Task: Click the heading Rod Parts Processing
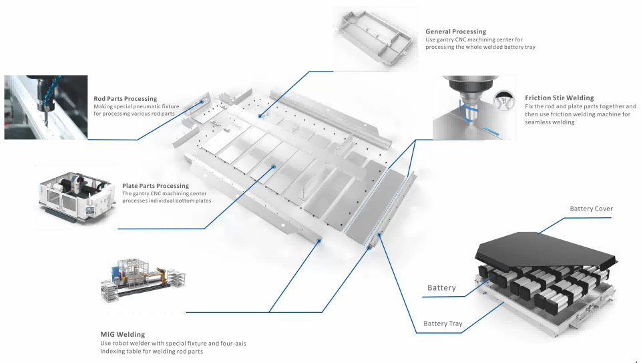coord(125,99)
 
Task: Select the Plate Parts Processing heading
coord(155,186)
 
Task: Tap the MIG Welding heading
coord(122,334)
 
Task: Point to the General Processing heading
coord(455,31)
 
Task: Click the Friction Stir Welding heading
coord(559,98)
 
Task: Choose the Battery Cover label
coord(591,209)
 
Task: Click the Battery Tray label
coord(443,324)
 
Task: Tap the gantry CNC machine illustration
coord(75,197)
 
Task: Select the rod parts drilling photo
coord(44,107)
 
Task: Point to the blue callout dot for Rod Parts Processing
coord(202,102)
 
